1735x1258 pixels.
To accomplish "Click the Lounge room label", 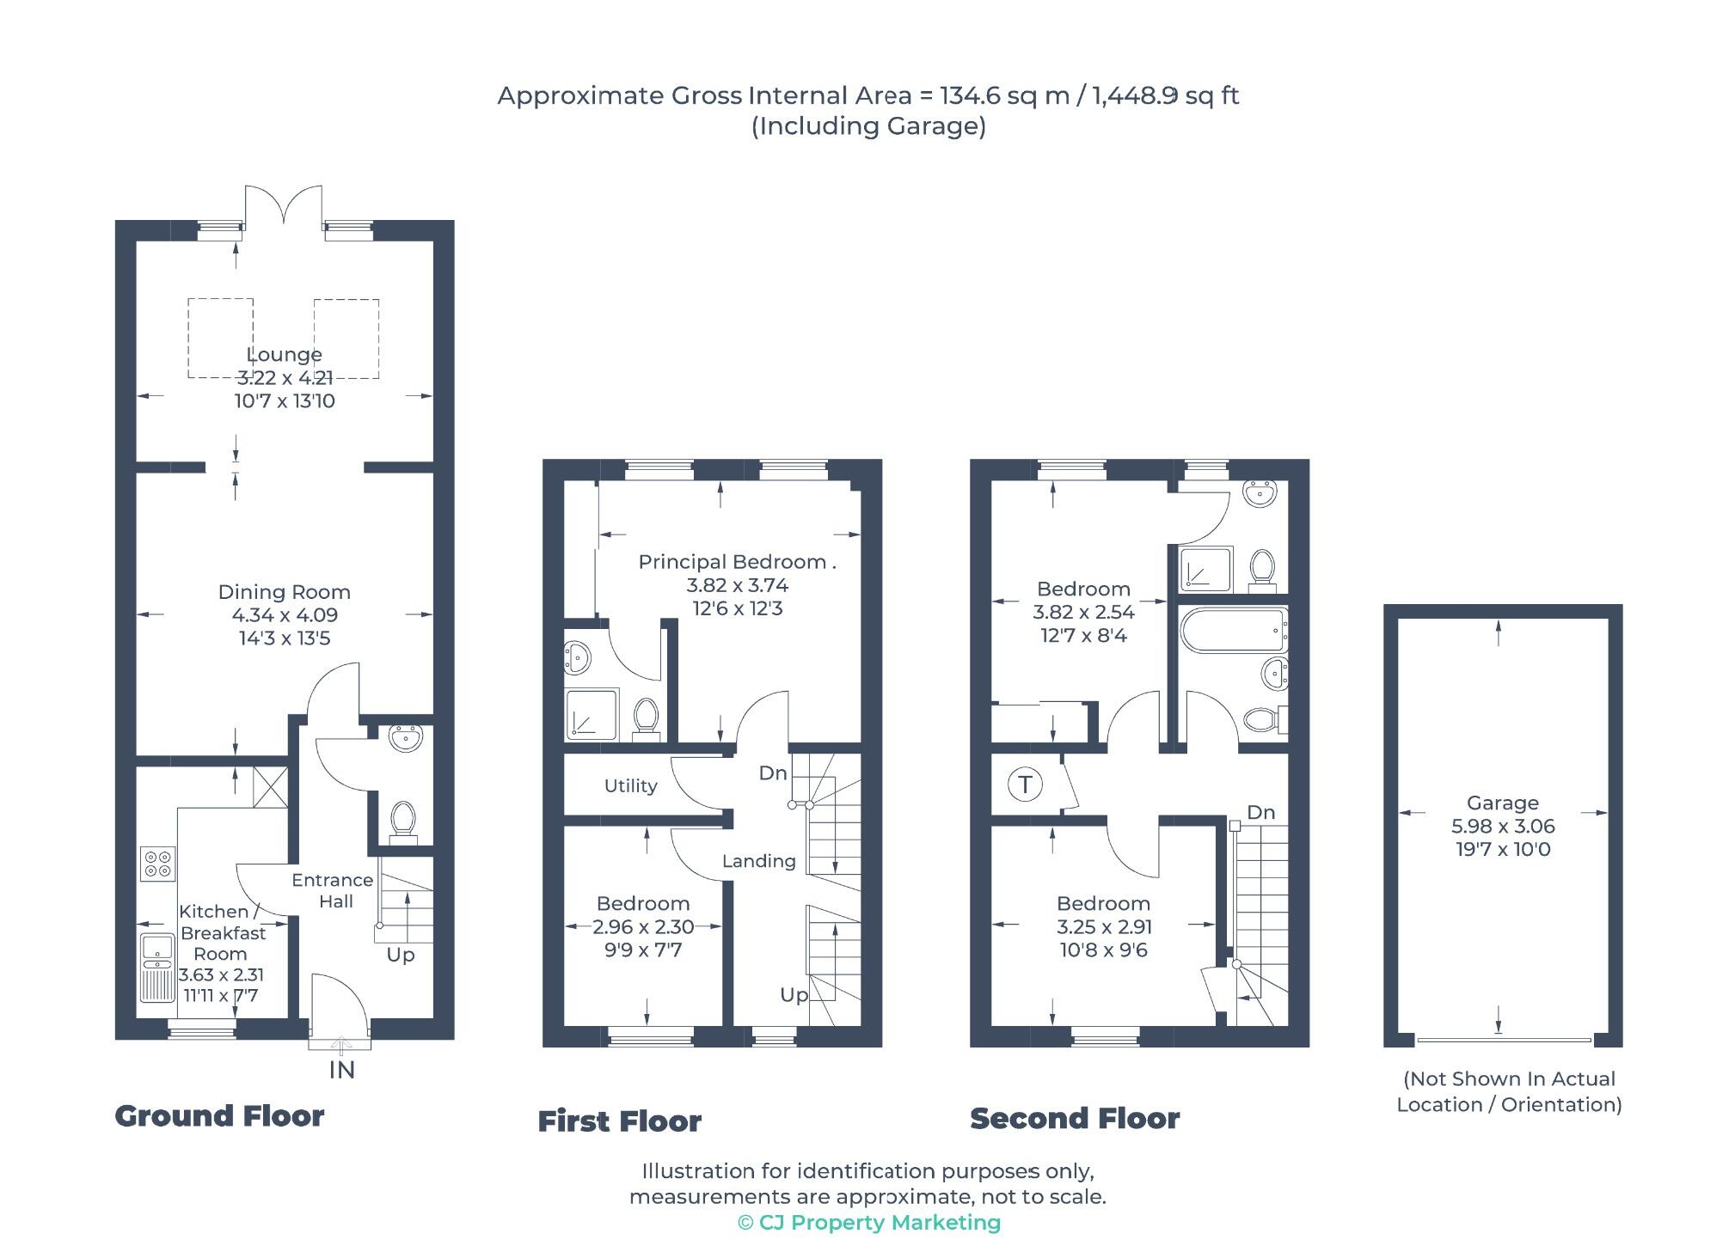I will pyautogui.click(x=284, y=354).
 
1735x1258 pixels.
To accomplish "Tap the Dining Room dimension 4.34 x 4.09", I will pyautogui.click(x=285, y=615).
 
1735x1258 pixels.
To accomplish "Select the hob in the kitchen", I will pyautogui.click(x=158, y=864).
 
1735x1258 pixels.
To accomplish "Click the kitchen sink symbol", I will pyautogui.click(x=157, y=968).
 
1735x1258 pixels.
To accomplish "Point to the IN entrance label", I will pyautogui.click(x=341, y=1070).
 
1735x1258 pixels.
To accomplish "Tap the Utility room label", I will pyautogui.click(x=630, y=785).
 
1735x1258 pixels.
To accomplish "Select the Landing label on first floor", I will pyautogui.click(x=758, y=860).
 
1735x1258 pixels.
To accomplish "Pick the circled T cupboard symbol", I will pyautogui.click(x=1024, y=785).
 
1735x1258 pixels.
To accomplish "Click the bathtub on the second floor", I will pyautogui.click(x=1234, y=631).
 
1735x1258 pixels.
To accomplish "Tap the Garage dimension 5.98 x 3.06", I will pyautogui.click(x=1503, y=826).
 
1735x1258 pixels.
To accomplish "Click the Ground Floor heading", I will pyautogui.click(x=219, y=1115).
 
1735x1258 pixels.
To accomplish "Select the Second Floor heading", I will pyautogui.click(x=1075, y=1118).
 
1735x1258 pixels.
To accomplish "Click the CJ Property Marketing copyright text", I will pyautogui.click(x=869, y=1222).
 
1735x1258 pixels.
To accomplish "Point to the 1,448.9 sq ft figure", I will pyautogui.click(x=1165, y=95).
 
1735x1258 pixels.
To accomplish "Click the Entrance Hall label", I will pyautogui.click(x=333, y=890).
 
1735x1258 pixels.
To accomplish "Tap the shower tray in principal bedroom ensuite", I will pyautogui.click(x=592, y=714).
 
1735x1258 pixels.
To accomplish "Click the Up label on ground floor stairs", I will pyautogui.click(x=401, y=955).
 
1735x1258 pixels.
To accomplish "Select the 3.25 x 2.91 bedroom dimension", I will pyautogui.click(x=1104, y=926).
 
